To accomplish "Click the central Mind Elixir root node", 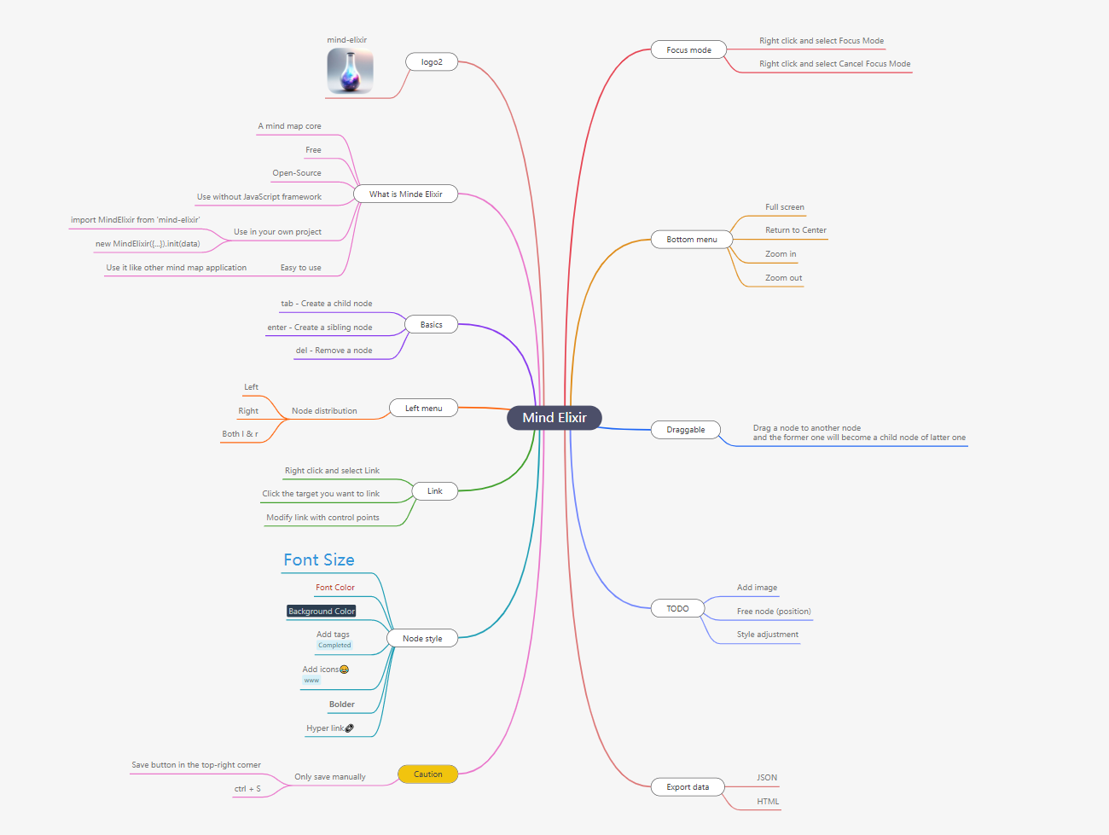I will (x=554, y=418).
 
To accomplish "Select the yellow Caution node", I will (x=427, y=774).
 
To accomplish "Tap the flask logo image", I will (x=350, y=71).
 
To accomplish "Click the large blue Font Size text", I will (x=319, y=560).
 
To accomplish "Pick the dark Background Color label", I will (x=321, y=612).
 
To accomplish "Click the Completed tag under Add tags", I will (x=334, y=646).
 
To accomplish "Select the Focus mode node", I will (x=688, y=50).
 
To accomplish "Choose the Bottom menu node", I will (x=691, y=240).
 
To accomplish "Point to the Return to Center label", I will (x=795, y=230).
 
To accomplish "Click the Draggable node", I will (x=685, y=430).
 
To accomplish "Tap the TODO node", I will (x=677, y=609).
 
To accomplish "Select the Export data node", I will (x=688, y=787).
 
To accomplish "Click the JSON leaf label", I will (x=767, y=778).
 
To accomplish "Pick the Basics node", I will (x=431, y=325).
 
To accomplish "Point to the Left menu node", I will (x=423, y=409).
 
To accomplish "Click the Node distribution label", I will (x=324, y=411).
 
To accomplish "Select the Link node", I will (x=434, y=491).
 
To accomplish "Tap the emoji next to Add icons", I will (x=344, y=670).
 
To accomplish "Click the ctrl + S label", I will (x=247, y=789).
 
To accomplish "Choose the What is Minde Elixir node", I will (x=405, y=194).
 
